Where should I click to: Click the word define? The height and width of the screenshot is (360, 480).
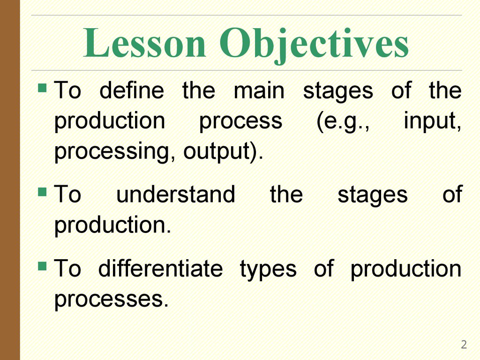132,91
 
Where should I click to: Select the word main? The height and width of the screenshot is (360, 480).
259,91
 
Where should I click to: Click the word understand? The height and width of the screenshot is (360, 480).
176,195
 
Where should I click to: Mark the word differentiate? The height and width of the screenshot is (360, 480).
160,270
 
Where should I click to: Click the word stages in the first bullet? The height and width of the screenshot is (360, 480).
338,91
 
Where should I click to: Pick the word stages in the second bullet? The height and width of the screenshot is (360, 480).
372,195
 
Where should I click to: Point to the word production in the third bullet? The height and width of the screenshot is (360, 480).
405,270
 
